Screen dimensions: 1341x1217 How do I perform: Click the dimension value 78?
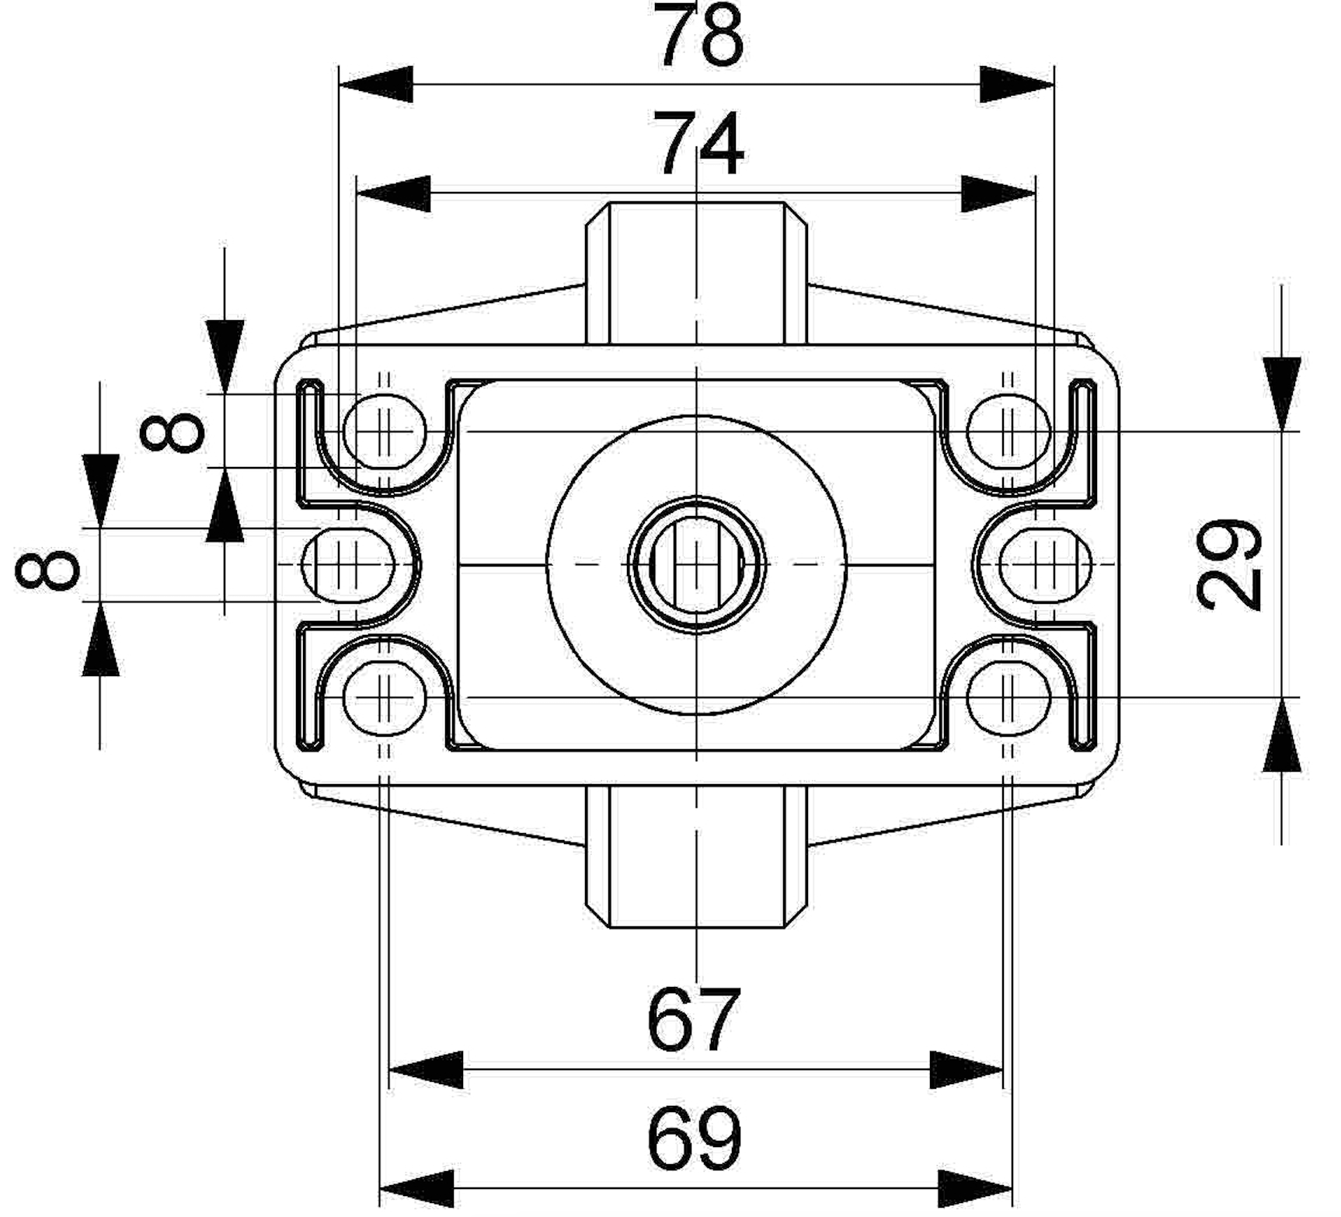(x=698, y=34)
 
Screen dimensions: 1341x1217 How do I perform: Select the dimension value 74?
(x=698, y=145)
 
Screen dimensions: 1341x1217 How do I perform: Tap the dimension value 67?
(x=693, y=1020)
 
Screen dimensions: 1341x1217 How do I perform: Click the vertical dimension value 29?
(x=1228, y=564)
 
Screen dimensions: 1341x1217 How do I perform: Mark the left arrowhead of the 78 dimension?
(x=376, y=85)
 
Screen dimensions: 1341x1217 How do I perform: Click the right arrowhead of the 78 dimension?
(x=1017, y=85)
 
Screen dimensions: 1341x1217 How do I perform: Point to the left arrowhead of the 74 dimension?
(x=393, y=194)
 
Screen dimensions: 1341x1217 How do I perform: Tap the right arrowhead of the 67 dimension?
(x=967, y=1071)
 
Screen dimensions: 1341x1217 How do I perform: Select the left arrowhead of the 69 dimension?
(x=416, y=1189)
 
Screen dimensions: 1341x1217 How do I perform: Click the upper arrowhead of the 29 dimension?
(x=1281, y=394)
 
